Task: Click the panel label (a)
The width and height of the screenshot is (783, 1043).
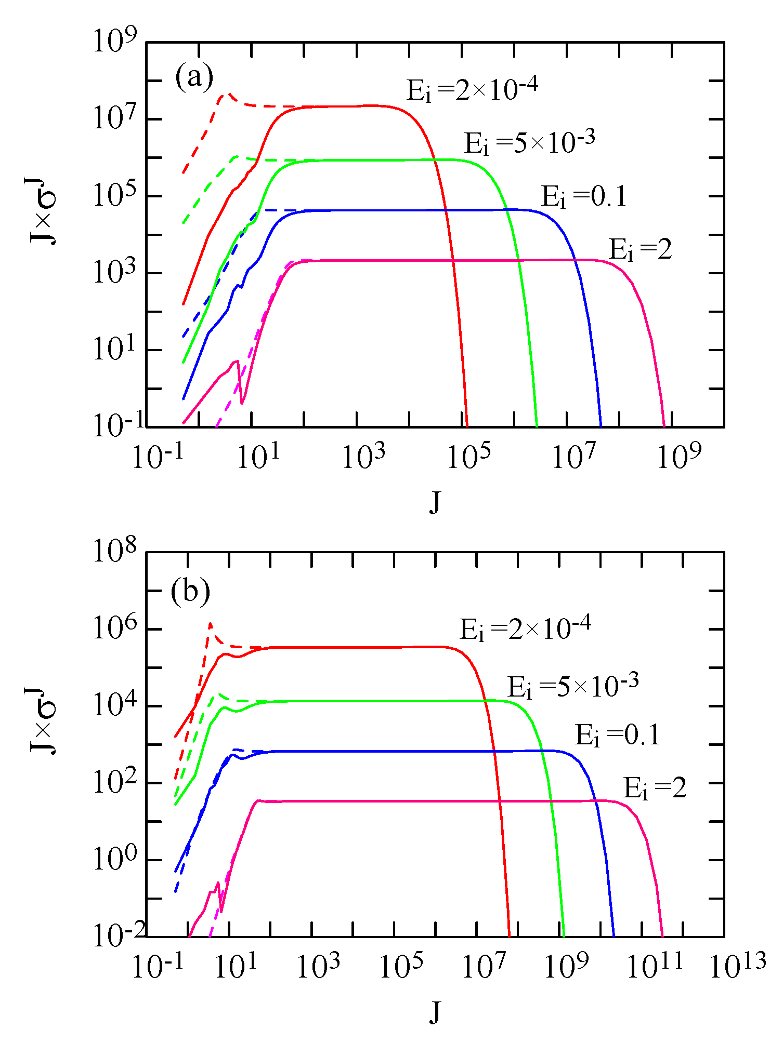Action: tap(194, 77)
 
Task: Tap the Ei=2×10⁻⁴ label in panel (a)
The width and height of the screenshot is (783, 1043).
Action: tap(472, 89)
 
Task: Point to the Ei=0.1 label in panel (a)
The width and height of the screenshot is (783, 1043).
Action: tap(584, 196)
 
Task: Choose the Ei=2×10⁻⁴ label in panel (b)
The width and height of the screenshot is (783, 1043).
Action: tap(525, 628)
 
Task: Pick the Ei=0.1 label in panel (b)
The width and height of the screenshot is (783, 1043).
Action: tap(617, 736)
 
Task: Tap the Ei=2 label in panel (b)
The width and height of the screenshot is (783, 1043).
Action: tap(655, 788)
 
